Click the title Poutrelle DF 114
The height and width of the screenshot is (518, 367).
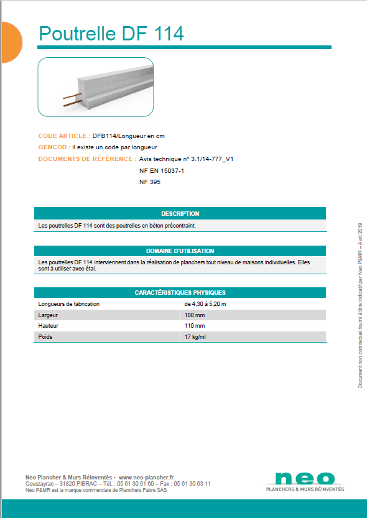coord(111,34)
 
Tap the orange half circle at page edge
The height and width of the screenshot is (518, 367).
coord(11,42)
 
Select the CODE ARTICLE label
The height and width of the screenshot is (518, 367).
coord(63,136)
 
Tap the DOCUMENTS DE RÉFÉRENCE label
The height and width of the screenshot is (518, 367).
coord(86,159)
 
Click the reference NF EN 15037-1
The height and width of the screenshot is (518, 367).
coord(162,170)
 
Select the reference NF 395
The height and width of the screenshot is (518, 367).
coord(151,182)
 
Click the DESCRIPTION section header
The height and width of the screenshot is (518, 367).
coord(180,214)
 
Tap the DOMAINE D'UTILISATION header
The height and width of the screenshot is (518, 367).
coord(180,251)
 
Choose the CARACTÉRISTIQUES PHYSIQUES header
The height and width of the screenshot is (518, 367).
coord(180,292)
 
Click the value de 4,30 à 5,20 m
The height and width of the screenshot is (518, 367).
coord(205,304)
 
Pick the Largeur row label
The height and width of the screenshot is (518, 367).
coord(48,315)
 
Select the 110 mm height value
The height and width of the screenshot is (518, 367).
coord(195,326)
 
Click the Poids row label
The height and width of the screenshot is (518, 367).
coord(46,337)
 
